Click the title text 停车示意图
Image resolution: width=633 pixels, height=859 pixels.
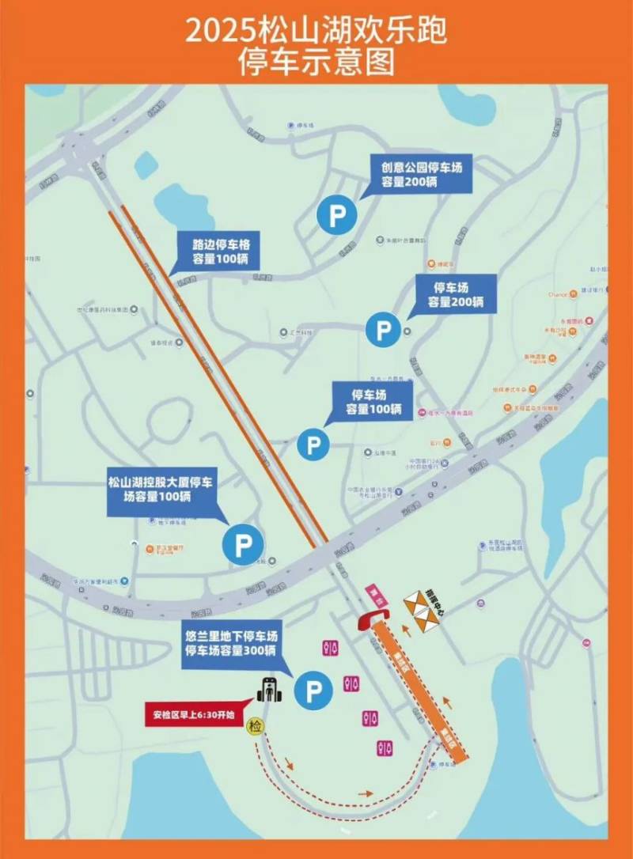(x=316, y=62)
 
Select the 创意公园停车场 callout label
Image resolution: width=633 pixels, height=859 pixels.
(x=420, y=175)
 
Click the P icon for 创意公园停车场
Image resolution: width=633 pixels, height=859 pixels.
(x=338, y=216)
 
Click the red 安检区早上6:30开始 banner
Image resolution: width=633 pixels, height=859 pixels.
(x=194, y=717)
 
